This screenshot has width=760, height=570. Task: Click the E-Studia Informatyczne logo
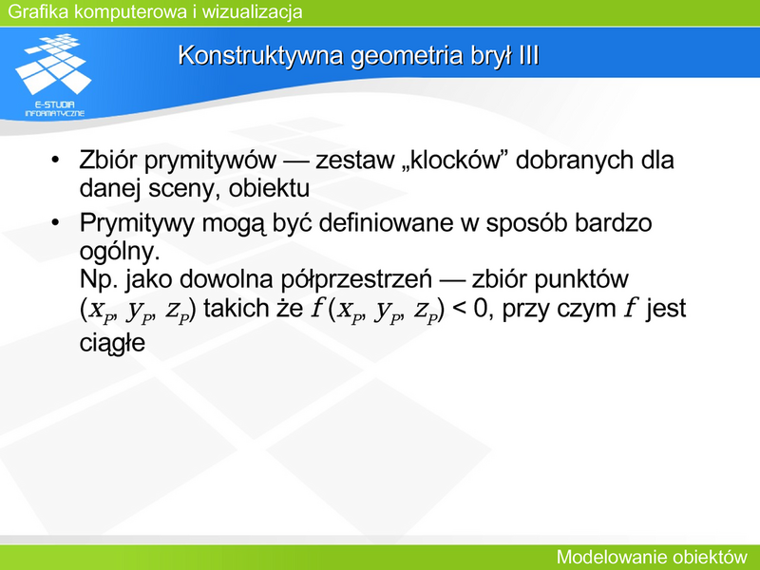(x=54, y=75)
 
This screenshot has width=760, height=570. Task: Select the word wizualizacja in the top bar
(x=252, y=11)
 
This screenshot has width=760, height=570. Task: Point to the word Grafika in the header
(x=38, y=11)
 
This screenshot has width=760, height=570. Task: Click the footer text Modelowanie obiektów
(x=652, y=557)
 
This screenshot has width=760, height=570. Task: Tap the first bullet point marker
(x=55, y=160)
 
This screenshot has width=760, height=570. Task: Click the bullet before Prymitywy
(x=55, y=222)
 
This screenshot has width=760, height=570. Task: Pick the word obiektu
(x=269, y=188)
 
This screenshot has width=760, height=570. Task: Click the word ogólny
(x=120, y=252)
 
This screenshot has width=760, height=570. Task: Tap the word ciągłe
(x=112, y=343)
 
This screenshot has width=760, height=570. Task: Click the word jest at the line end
(x=666, y=308)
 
